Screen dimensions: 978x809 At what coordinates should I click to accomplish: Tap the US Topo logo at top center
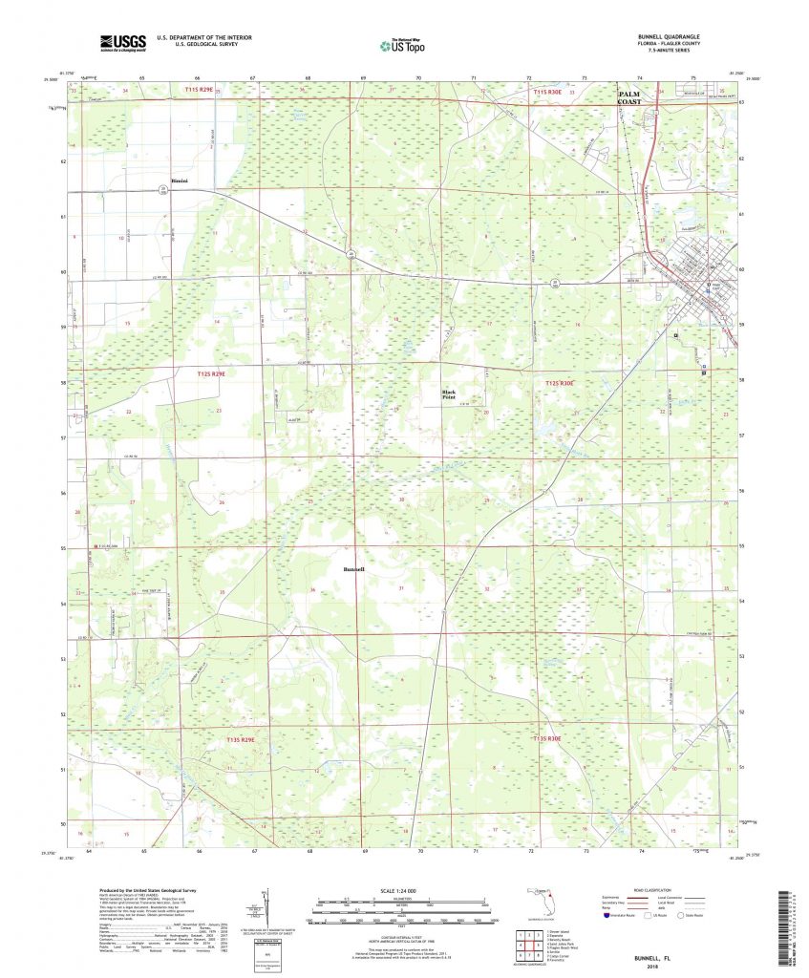[x=402, y=44]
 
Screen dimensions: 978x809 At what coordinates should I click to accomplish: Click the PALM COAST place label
[x=633, y=98]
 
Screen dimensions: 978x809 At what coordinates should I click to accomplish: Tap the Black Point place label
[x=449, y=393]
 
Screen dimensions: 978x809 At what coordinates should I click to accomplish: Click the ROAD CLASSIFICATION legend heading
[x=675, y=888]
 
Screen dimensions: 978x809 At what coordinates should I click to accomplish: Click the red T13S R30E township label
[x=553, y=738]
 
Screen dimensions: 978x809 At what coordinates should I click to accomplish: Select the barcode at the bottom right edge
[x=789, y=922]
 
